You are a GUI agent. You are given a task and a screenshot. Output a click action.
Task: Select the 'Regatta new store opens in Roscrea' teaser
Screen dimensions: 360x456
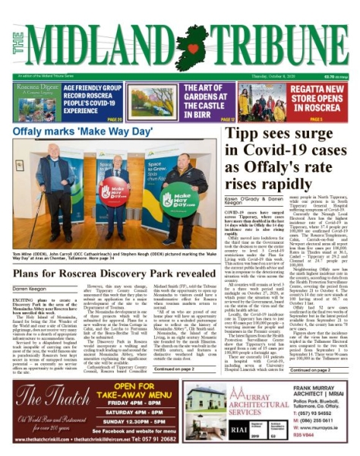point(320,92)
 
